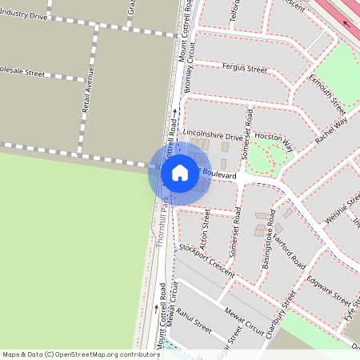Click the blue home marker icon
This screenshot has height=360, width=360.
click(x=180, y=173)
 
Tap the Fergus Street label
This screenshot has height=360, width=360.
click(x=244, y=70)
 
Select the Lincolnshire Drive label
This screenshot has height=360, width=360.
click(x=212, y=137)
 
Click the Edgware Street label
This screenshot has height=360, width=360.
click(x=327, y=290)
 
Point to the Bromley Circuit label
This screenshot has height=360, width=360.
click(x=190, y=67)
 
